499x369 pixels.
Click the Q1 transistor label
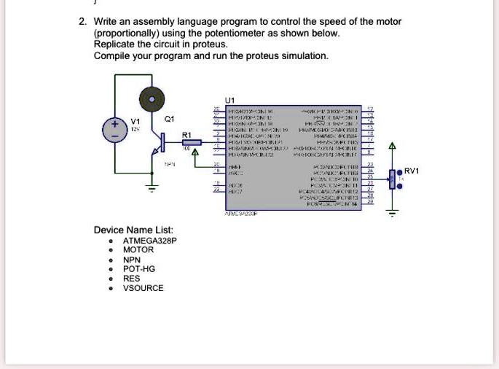[x=170, y=118]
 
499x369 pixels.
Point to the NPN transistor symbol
[x=155, y=151]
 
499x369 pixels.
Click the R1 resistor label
[x=186, y=135]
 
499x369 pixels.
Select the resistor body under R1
[x=190, y=143]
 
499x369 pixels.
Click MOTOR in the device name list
[x=138, y=250]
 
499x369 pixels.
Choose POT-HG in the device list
[x=139, y=269]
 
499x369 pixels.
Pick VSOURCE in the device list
[x=144, y=288]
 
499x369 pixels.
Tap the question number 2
[x=82, y=22]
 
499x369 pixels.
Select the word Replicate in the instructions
[x=114, y=44]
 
